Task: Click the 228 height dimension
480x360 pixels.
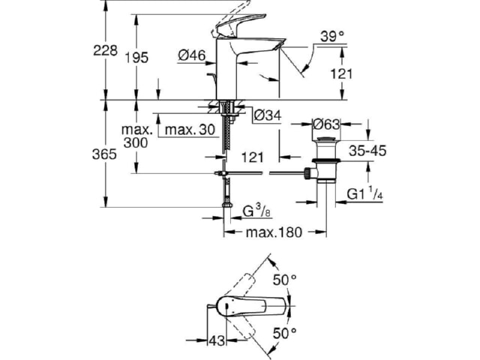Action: pos(105,50)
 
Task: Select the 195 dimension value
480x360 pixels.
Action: pos(136,58)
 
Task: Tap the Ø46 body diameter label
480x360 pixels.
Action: pos(192,55)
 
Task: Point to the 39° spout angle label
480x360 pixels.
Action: pos(332,37)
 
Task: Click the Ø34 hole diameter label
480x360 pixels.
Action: pos(268,115)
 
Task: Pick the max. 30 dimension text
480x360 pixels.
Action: pos(190,130)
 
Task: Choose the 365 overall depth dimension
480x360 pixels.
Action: pos(104,154)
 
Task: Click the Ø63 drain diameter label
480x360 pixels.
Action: pos(326,124)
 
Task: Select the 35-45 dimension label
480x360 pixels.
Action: pos(367,151)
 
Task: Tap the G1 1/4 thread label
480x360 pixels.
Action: pos(365,193)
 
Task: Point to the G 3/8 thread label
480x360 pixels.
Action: pos(256,211)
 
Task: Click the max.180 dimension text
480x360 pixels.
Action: pos(274,232)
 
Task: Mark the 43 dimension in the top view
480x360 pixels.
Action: pos(217,340)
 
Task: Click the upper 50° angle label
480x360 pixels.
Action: pos(285,280)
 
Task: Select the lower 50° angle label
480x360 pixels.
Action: pos(285,333)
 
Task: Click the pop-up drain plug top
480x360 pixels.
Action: pos(326,140)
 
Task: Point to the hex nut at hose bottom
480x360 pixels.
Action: pos(226,205)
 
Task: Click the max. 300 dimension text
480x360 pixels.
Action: pos(136,136)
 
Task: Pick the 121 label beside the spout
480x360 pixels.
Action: pos(341,73)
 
